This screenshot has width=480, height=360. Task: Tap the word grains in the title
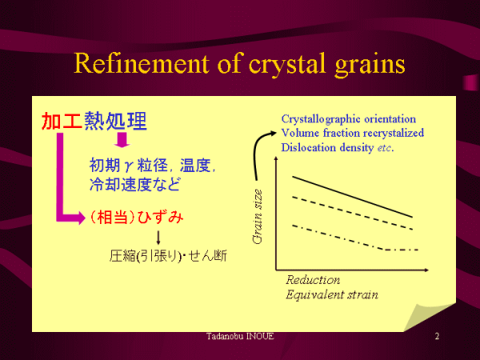coord(370,66)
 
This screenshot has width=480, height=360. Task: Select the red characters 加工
coord(62,122)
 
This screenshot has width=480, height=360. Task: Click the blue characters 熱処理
coord(116,122)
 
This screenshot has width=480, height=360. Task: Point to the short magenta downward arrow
coord(122,140)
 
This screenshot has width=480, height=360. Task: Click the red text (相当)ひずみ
coord(137,218)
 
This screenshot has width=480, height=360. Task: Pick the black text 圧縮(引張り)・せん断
coord(168,256)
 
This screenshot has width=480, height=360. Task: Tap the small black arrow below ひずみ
coord(158,238)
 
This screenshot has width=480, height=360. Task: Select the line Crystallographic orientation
coord(348,119)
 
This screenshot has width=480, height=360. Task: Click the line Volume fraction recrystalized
coord(352,133)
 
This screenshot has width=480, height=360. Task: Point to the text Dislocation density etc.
coord(338,147)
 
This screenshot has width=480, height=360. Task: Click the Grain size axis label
coord(258,217)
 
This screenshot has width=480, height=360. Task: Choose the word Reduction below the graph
coord(313,280)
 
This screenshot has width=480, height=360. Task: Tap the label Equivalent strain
coord(332,294)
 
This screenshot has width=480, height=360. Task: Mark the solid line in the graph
coord(353,197)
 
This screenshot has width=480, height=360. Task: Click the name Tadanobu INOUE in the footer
coord(240,337)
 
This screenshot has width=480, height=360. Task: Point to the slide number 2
coord(437,337)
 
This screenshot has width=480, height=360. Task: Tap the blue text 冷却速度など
coord(134,184)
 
